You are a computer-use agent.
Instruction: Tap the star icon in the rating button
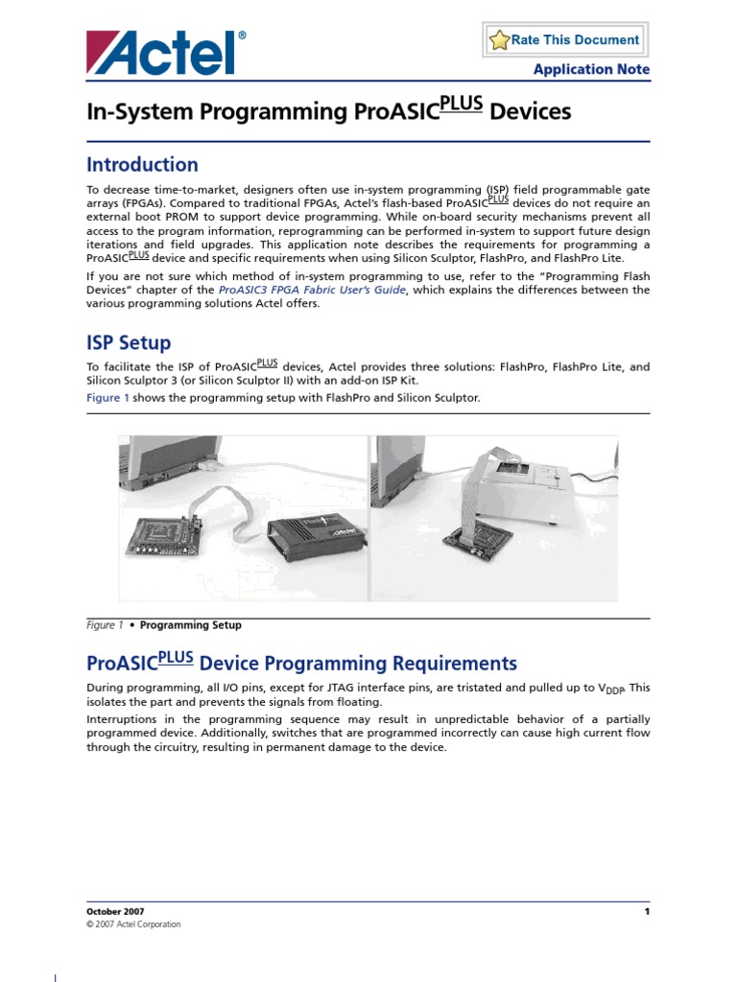tap(499, 40)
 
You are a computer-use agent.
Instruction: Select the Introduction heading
tap(142, 164)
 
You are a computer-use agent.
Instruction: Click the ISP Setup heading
tap(129, 342)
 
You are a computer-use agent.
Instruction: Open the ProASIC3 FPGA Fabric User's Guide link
tap(313, 290)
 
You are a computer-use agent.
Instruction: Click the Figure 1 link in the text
tap(107, 397)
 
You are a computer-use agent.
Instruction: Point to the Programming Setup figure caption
tap(190, 625)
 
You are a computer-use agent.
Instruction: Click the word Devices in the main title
tap(530, 112)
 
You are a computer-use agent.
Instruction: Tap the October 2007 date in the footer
tap(115, 911)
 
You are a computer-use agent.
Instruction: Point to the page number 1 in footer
tap(647, 911)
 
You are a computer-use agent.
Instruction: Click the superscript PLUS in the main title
tap(461, 105)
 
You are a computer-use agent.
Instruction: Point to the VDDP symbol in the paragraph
tap(611, 689)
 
